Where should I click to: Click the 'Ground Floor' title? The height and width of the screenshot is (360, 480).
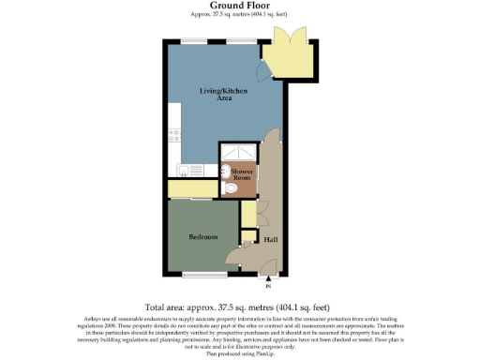coord(239,6)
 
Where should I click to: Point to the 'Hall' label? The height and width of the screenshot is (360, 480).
coord(270,239)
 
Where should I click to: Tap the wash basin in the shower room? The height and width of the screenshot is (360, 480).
coord(224,172)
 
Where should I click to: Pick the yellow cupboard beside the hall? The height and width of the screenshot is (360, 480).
coord(247,215)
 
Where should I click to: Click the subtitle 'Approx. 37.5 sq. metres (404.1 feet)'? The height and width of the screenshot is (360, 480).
coord(239,16)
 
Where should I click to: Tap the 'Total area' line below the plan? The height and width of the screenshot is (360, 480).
coord(239,307)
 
